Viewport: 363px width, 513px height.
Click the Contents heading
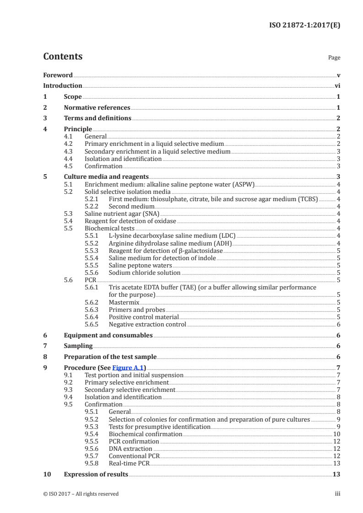(63, 57)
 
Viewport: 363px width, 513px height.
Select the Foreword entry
(58, 75)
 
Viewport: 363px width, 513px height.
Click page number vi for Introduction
(337, 85)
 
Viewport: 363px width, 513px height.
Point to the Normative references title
(97, 107)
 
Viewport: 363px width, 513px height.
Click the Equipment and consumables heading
(108, 335)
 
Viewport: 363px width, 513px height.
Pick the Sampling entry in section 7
(78, 346)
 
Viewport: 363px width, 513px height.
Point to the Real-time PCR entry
(129, 463)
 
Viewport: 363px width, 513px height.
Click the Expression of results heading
(96, 474)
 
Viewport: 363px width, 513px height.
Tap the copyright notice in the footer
(81, 494)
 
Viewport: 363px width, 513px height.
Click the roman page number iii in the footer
(337, 494)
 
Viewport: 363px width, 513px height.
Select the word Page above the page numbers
(334, 58)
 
